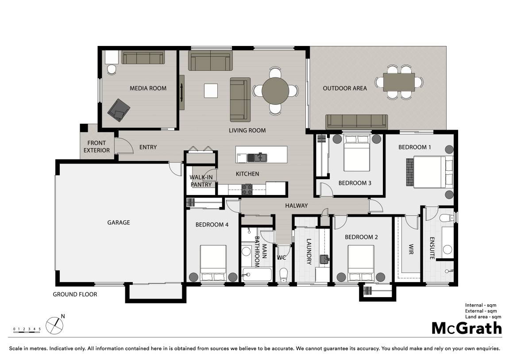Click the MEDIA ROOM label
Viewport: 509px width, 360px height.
148,88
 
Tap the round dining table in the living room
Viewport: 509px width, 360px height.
275,91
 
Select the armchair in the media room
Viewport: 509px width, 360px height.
119,110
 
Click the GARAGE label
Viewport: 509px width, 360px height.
119,222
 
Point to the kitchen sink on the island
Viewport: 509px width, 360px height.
257,157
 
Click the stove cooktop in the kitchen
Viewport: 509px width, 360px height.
247,189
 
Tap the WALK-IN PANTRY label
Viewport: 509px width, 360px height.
201,181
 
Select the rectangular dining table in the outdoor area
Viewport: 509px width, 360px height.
399,82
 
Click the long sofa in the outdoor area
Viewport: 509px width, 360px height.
356,122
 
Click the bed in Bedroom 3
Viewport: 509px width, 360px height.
357,153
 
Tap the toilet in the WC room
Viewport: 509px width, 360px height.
284,275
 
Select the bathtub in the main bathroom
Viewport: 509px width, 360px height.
256,275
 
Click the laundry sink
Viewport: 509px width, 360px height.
324,260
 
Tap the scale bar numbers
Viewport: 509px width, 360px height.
27,329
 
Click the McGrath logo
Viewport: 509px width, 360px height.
467,328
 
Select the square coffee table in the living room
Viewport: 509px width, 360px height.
211,91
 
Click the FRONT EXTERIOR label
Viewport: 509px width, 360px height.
96,146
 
